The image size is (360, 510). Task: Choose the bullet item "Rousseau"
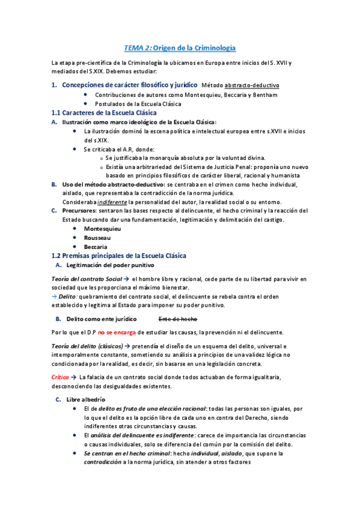(x=98, y=238)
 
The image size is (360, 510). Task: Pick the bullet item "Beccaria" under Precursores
(x=96, y=247)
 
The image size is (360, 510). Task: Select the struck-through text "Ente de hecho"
(x=178, y=319)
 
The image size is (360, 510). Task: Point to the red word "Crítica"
(x=61, y=376)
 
